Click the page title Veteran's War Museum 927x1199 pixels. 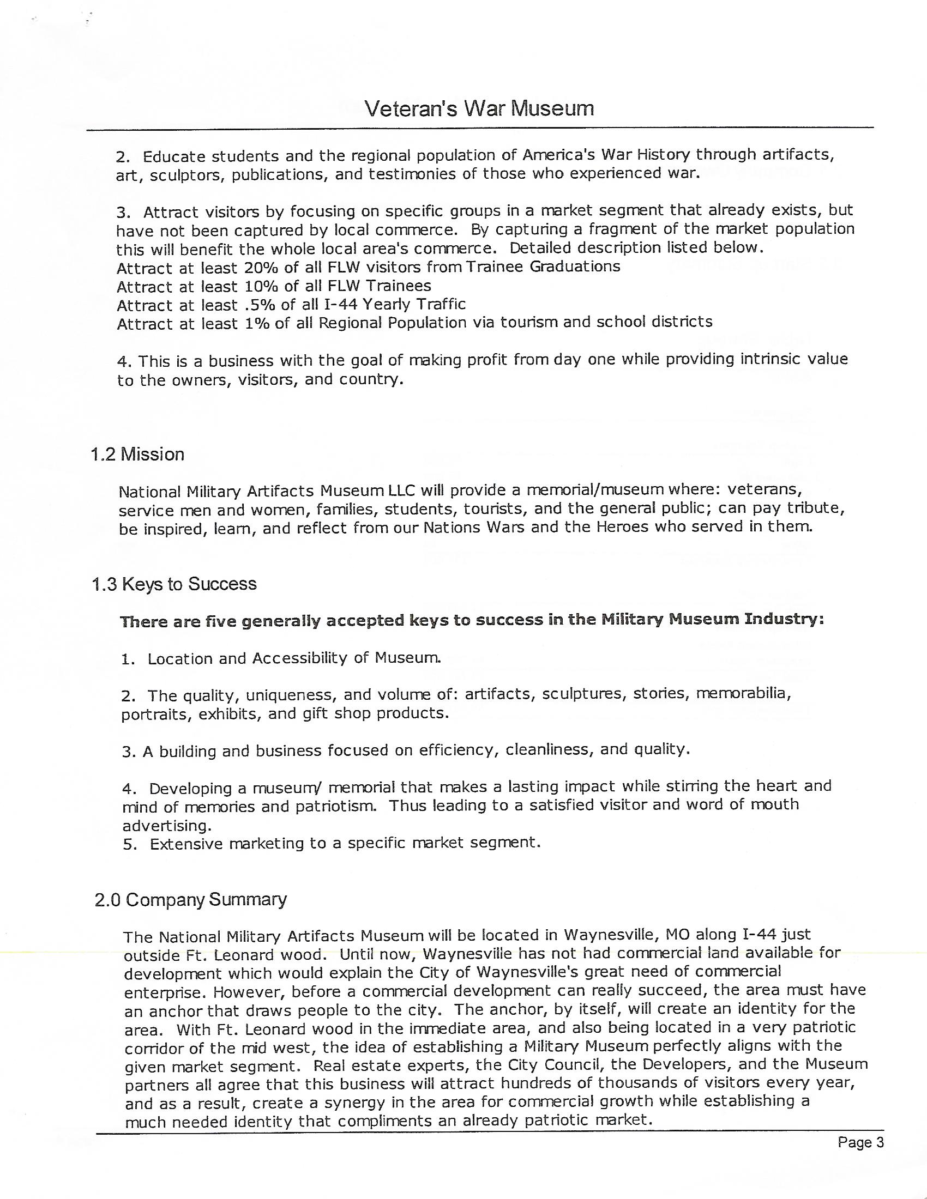coord(479,108)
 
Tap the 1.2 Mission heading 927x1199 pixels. coord(137,455)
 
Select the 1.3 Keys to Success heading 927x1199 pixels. coord(174,584)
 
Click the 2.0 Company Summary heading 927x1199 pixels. coord(190,900)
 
